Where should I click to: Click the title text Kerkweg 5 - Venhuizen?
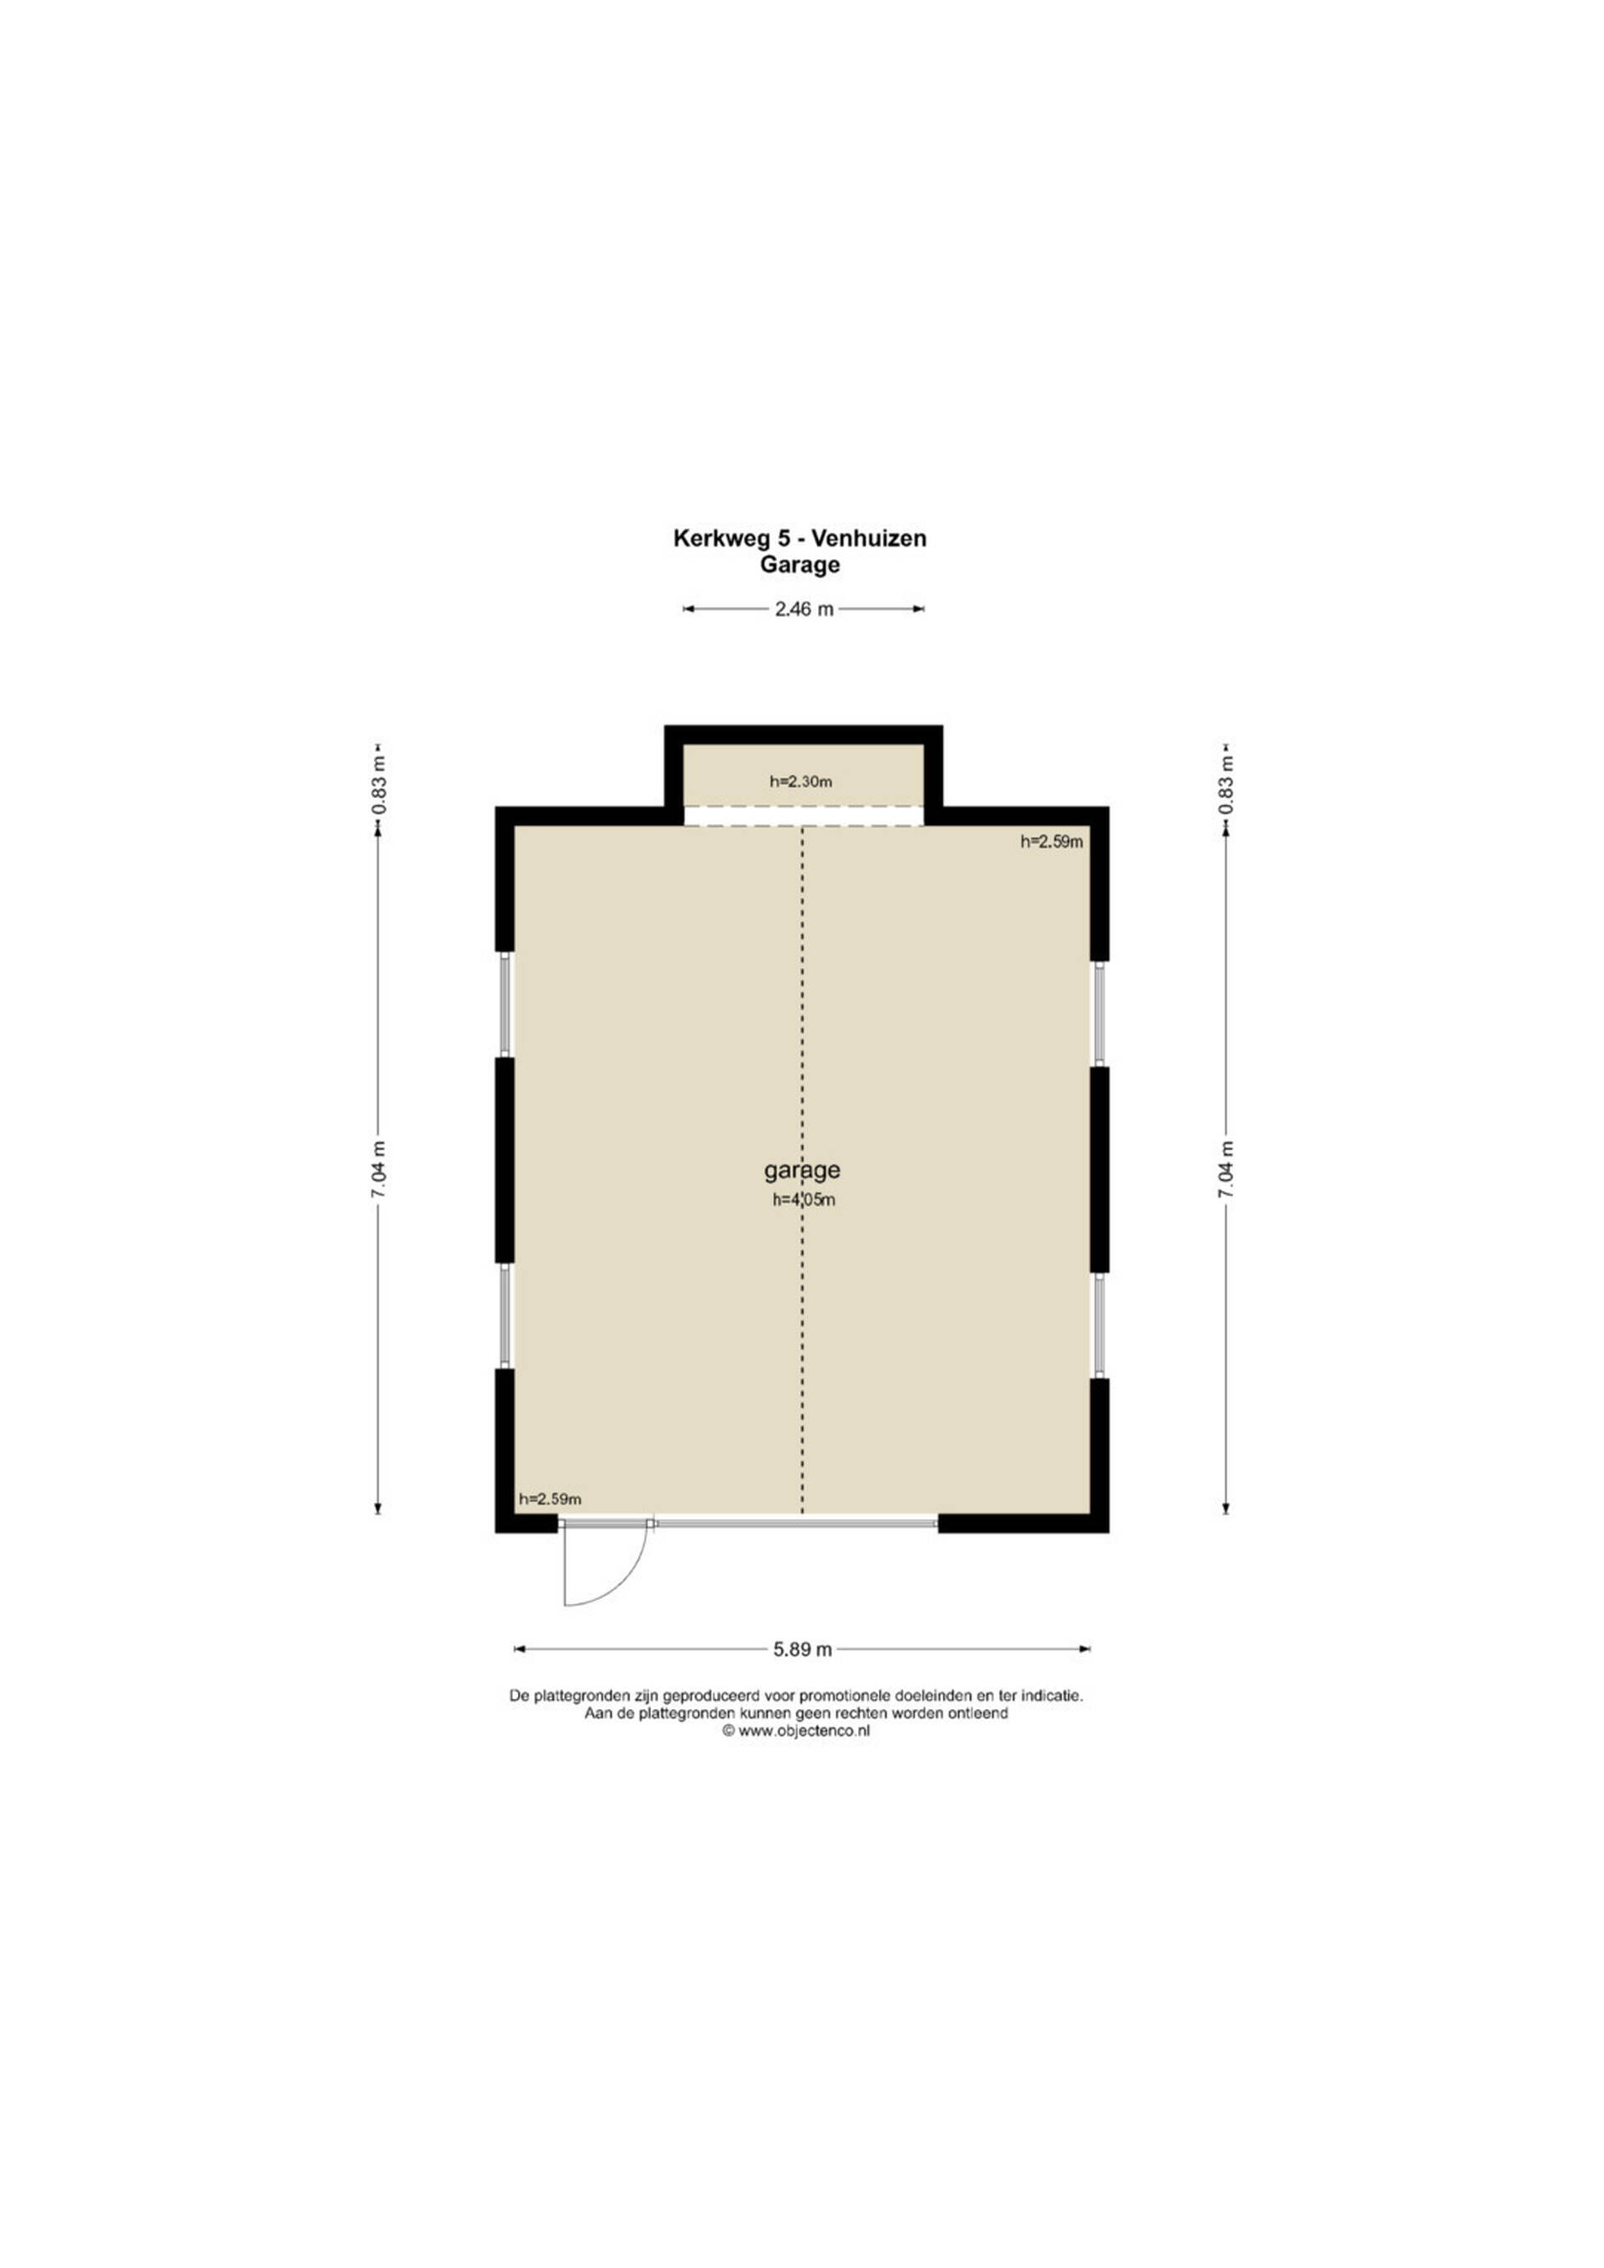[x=800, y=538]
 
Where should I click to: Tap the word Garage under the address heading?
[x=800, y=565]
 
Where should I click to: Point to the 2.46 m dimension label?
[x=804, y=609]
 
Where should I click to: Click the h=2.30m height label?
[x=801, y=781]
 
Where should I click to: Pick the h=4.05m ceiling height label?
[x=804, y=1201]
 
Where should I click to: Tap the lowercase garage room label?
[x=802, y=1171]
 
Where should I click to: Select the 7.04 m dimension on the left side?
[x=378, y=1171]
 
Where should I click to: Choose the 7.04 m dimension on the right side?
[x=1226, y=1171]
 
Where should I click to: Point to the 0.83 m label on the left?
[x=378, y=786]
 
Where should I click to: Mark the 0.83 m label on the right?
[x=1226, y=786]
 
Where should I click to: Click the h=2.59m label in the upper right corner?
[x=1052, y=842]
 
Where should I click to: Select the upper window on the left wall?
[x=505, y=1004]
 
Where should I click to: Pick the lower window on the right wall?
[x=1099, y=1325]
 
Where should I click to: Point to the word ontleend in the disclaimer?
[x=977, y=1713]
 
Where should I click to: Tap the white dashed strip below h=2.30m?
[x=804, y=815]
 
